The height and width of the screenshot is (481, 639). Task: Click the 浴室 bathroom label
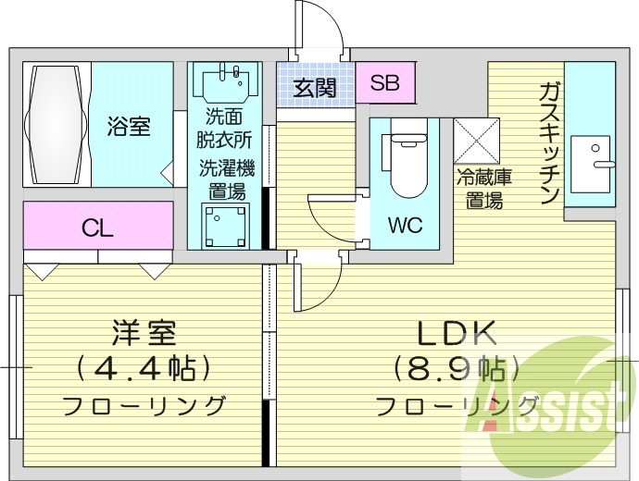[128, 126]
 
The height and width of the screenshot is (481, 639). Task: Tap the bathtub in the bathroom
[55, 125]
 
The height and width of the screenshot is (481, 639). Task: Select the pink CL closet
[97, 227]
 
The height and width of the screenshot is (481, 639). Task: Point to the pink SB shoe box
[384, 83]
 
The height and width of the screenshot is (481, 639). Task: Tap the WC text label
[407, 225]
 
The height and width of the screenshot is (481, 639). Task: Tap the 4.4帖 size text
[144, 369]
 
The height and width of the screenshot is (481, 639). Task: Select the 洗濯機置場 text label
[226, 179]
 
